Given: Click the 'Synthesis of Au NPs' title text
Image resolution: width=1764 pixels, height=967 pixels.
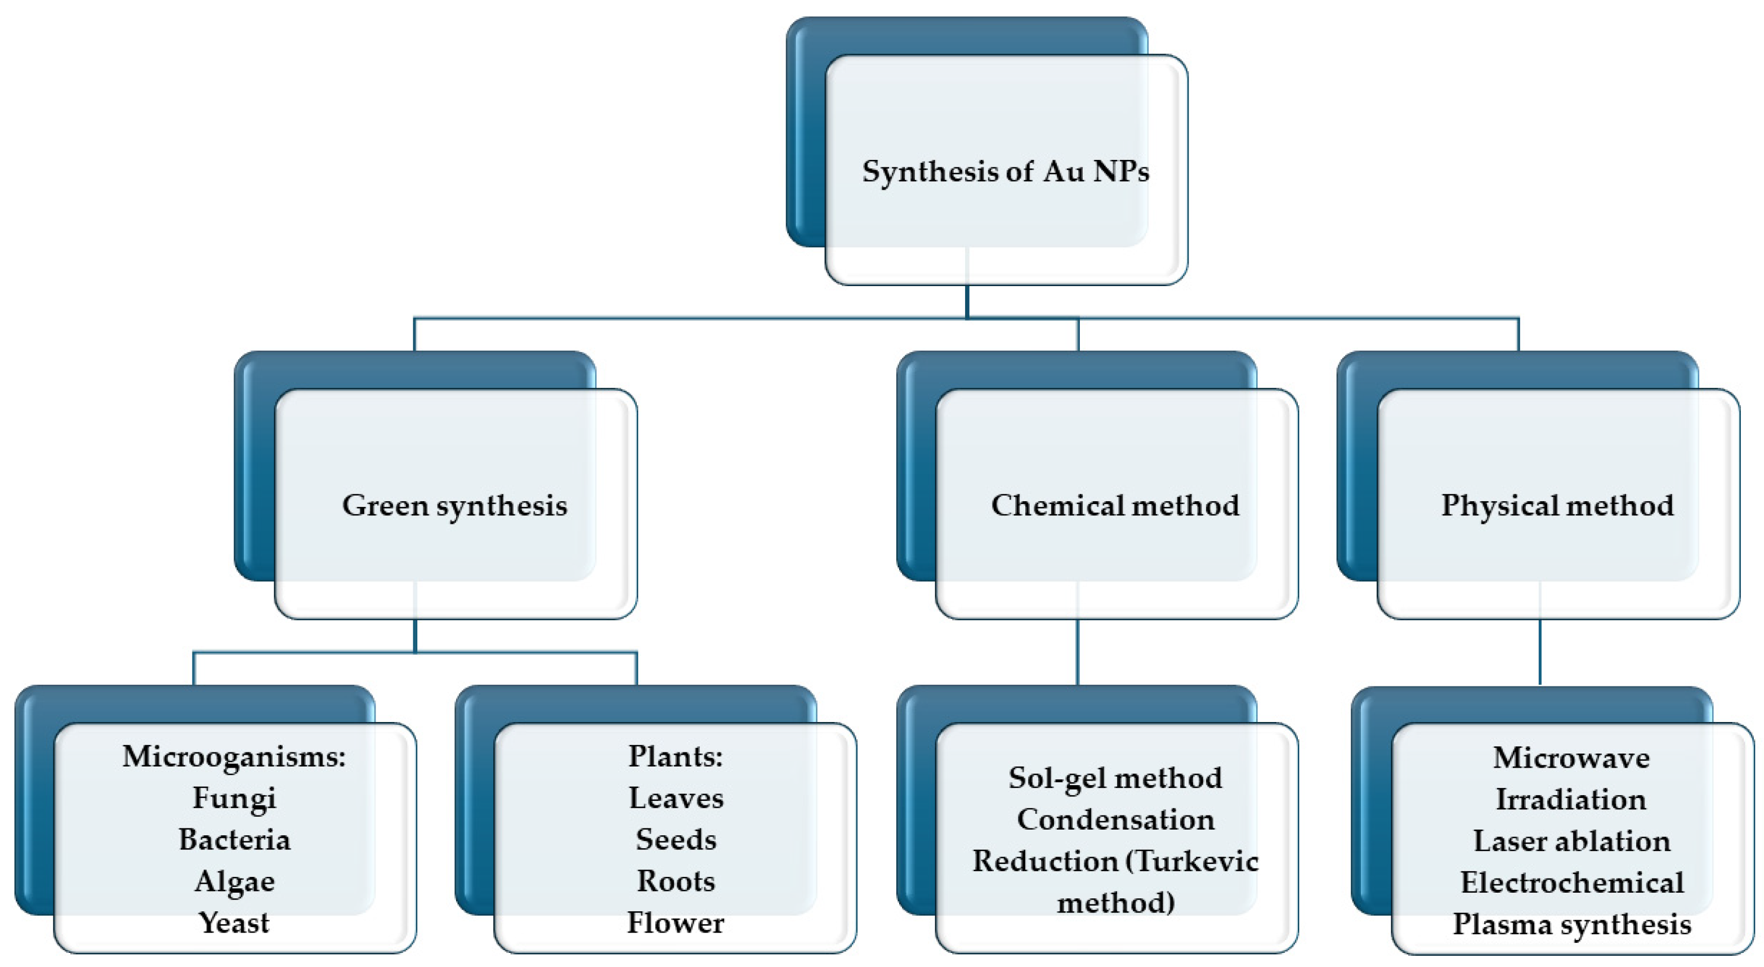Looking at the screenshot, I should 1004,171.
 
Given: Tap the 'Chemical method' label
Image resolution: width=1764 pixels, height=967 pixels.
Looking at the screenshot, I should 1114,505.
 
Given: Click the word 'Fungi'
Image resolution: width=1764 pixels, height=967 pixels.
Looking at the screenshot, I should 234,798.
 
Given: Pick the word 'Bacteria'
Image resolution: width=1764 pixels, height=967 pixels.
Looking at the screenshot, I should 234,840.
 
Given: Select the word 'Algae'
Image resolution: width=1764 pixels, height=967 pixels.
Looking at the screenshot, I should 234,881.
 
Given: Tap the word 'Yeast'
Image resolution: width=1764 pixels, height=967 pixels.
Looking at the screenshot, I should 234,923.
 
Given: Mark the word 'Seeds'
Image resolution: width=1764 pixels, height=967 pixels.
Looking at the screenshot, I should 675,840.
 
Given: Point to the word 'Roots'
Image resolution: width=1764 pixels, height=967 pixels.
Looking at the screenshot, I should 675,881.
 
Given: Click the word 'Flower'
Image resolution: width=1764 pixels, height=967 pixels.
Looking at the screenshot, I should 675,923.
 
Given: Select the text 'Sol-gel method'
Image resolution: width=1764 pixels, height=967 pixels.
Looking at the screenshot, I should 1114,778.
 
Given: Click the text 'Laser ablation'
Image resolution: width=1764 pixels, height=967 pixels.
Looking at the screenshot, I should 1571,841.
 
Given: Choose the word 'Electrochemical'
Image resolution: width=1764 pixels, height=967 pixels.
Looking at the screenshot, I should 1571,883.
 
